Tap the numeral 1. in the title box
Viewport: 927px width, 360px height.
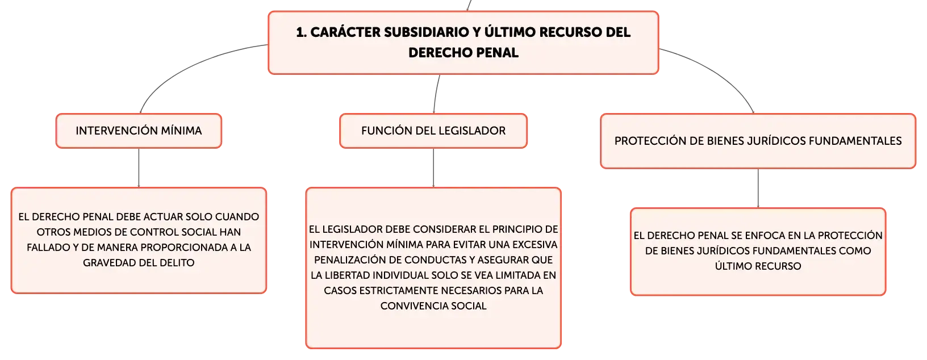click(x=302, y=32)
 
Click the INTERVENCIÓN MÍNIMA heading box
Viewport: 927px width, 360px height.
click(x=139, y=131)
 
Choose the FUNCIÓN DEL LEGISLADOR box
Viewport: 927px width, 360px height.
click(x=433, y=131)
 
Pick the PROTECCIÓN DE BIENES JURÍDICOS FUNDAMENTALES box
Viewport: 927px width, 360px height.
click(x=758, y=141)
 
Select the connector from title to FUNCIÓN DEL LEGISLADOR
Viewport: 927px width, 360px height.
click(x=436, y=94)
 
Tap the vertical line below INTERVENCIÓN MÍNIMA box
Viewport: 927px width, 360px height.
click(x=139, y=168)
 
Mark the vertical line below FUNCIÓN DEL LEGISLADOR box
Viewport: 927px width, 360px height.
click(x=433, y=168)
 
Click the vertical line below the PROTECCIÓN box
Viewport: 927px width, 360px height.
click(x=758, y=189)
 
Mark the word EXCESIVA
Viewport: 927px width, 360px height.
click(x=535, y=245)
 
